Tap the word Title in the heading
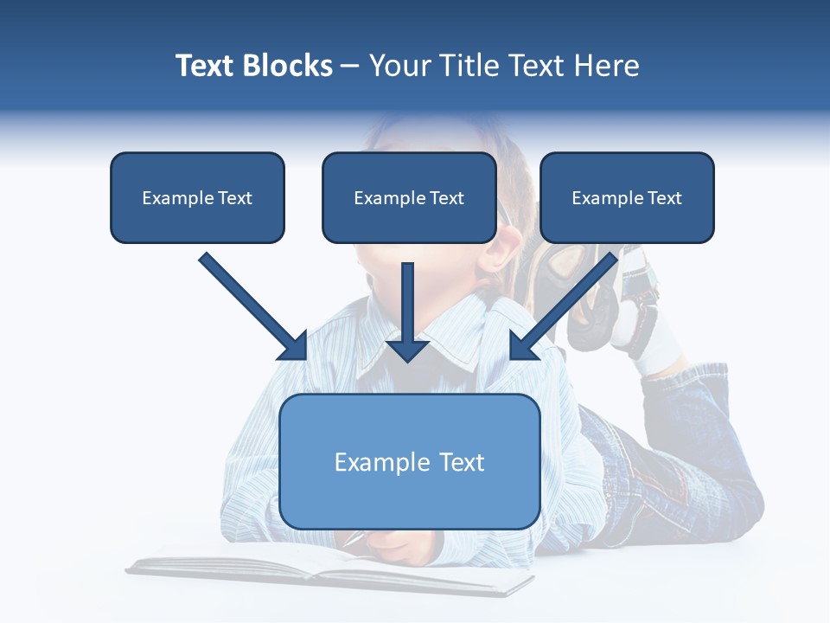pos(472,66)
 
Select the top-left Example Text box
pos(197,198)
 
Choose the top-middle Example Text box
pos(409,198)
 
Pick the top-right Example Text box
pos(627,198)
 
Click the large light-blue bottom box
pos(409,461)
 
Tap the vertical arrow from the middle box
pos(408,311)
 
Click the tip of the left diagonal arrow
pos(304,356)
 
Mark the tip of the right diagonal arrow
pos(513,356)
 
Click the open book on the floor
pos(329,571)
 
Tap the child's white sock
pos(661,350)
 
